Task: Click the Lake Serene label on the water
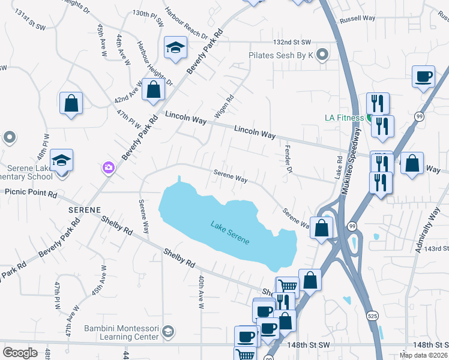coord(230,233)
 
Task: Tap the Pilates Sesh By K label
coord(282,55)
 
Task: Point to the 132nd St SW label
coord(292,42)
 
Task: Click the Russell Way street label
coord(357,19)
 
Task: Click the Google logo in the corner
coord(20,352)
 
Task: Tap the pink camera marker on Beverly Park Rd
coord(109,167)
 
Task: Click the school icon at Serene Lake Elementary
coord(61,161)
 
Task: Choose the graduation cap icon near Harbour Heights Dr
coord(175,47)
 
